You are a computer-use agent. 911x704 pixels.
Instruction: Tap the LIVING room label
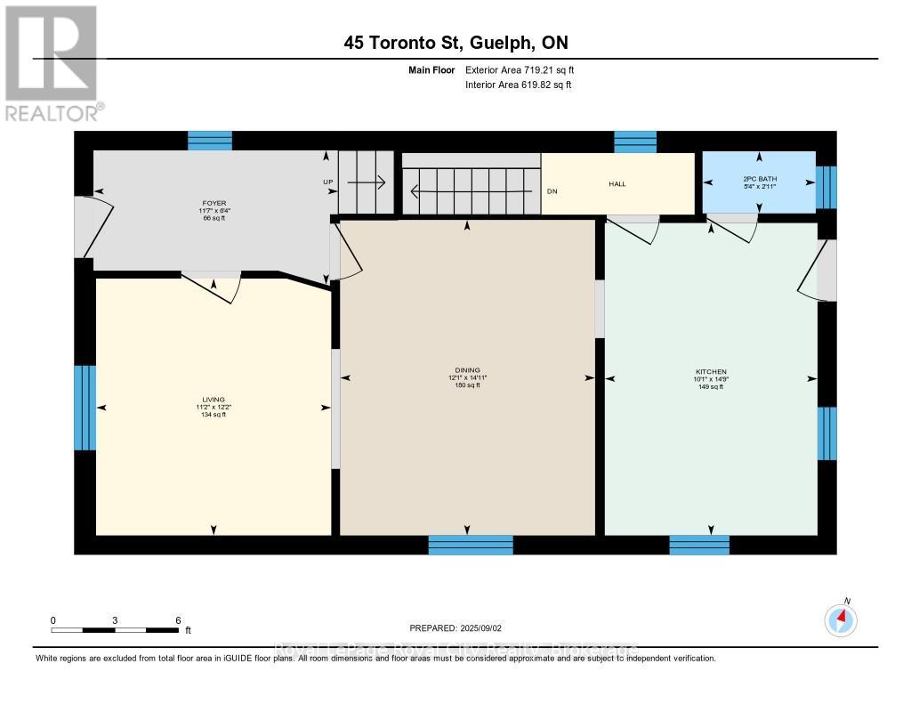[x=214, y=400]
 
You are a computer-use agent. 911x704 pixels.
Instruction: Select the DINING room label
[x=468, y=370]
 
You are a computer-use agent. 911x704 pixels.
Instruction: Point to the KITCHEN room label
[x=711, y=371]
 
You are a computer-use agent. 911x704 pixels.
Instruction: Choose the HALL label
[x=617, y=184]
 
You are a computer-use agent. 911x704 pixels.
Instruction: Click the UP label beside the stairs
[x=327, y=182]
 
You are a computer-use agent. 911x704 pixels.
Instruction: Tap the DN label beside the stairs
[x=552, y=190]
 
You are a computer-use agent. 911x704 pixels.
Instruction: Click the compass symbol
[x=841, y=619]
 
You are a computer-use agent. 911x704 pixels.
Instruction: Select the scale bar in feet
[x=116, y=630]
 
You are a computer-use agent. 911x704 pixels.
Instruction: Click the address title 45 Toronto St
[x=456, y=43]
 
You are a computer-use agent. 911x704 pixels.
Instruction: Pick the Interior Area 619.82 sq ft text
[x=518, y=85]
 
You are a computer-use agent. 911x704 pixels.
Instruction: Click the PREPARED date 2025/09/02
[x=461, y=627]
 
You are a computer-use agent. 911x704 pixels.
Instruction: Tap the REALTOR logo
[x=52, y=62]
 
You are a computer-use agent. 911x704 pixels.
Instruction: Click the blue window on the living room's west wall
[x=85, y=407]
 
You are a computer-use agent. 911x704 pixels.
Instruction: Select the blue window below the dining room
[x=471, y=545]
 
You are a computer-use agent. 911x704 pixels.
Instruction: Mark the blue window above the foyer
[x=210, y=141]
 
